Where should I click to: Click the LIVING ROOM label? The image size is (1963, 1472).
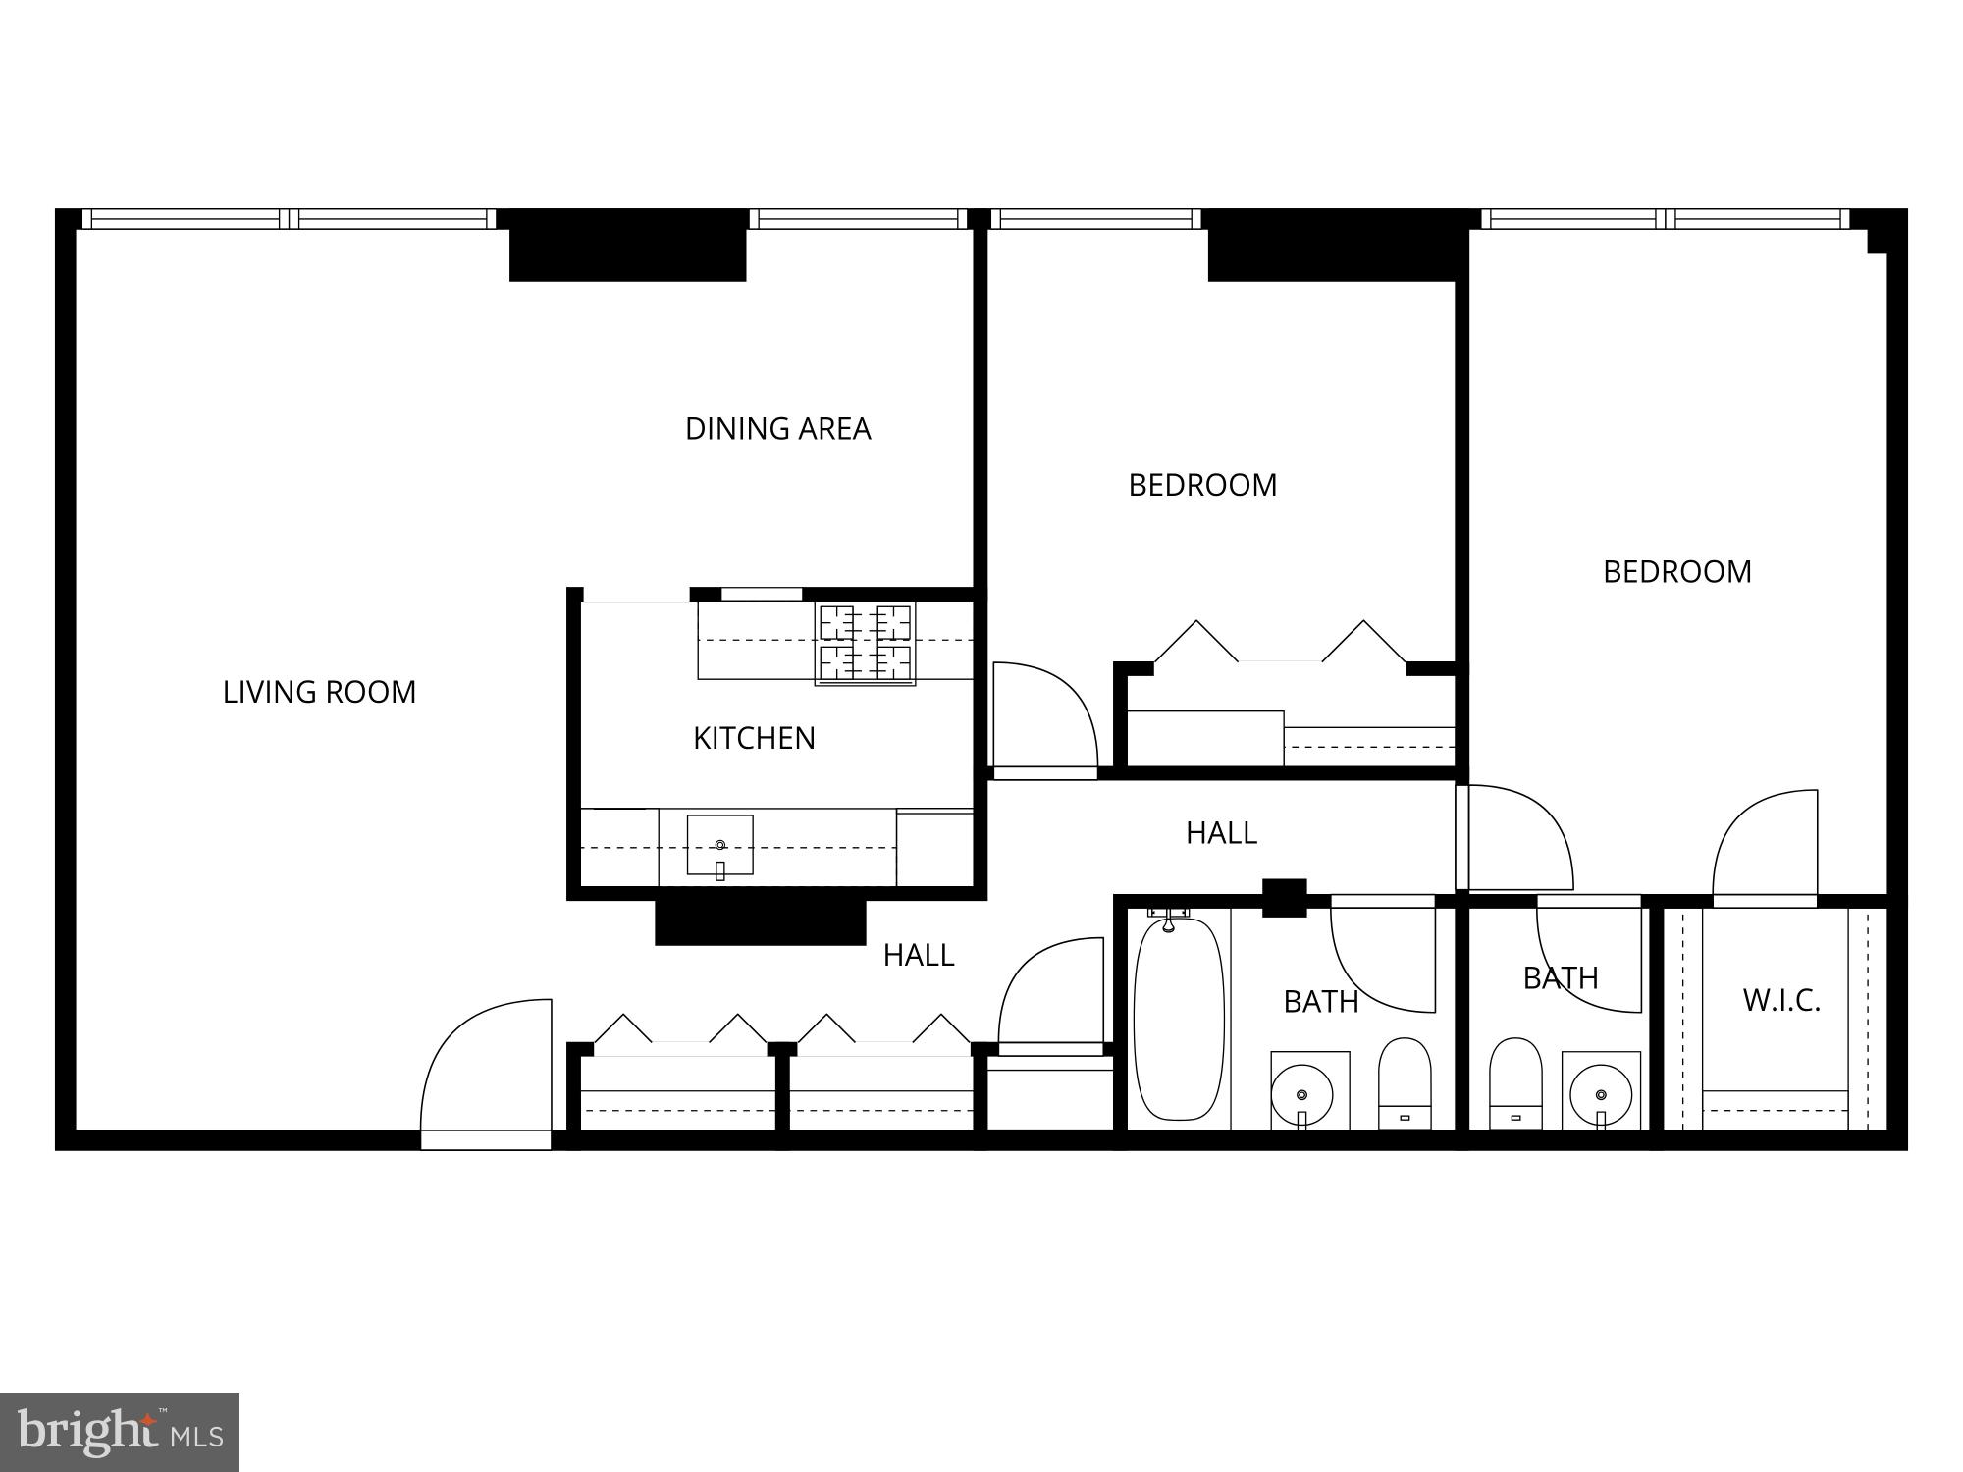click(x=319, y=692)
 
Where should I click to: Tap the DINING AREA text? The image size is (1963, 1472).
click(x=777, y=429)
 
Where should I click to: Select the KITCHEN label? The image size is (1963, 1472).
click(x=754, y=738)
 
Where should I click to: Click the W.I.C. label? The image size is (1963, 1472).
click(x=1781, y=1001)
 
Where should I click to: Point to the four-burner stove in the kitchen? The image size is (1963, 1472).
click(x=865, y=643)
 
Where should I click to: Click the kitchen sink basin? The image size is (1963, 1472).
click(x=719, y=844)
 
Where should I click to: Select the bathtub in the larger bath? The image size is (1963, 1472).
click(x=1179, y=1018)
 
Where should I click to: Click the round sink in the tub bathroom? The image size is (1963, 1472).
click(x=1302, y=1093)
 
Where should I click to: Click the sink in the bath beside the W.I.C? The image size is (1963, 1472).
click(x=1601, y=1093)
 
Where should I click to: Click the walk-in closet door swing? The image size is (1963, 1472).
click(x=1765, y=844)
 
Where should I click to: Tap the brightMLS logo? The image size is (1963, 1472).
click(x=119, y=1432)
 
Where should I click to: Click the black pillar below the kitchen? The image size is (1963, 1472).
click(x=761, y=922)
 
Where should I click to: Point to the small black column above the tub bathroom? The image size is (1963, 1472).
click(x=1284, y=897)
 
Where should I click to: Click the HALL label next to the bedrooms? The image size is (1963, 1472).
click(x=1221, y=833)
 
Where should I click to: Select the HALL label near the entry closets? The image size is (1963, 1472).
click(x=918, y=955)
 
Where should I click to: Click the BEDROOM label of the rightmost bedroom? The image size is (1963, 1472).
click(x=1676, y=572)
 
